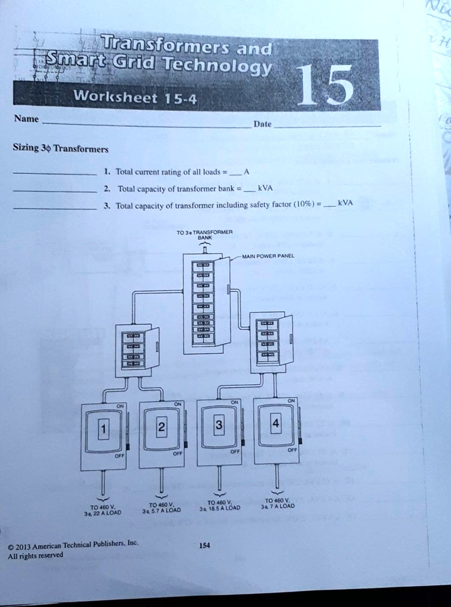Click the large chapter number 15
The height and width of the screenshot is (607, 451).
point(325,85)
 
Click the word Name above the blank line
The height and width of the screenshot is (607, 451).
point(26,119)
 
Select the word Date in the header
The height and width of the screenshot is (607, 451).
point(262,124)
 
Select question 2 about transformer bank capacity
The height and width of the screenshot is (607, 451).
point(188,189)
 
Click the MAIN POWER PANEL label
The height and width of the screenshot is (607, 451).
point(268,256)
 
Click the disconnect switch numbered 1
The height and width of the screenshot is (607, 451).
point(103,436)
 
